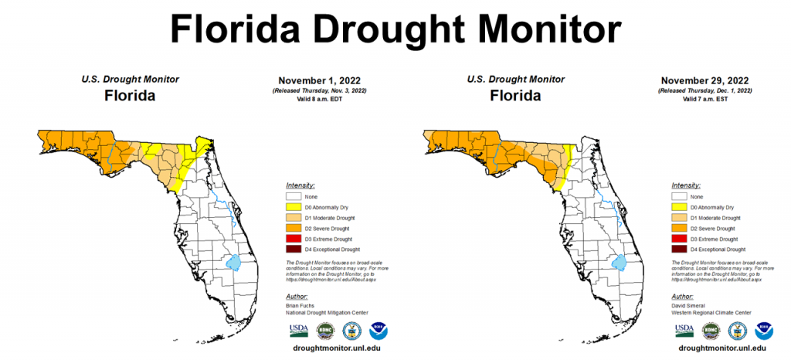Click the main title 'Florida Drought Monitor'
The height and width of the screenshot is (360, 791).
point(395,29)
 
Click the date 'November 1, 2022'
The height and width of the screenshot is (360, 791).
point(319,80)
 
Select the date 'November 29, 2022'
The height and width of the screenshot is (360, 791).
point(705,80)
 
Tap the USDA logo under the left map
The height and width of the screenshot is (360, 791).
point(297,331)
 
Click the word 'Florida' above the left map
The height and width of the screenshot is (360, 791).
point(130,96)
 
